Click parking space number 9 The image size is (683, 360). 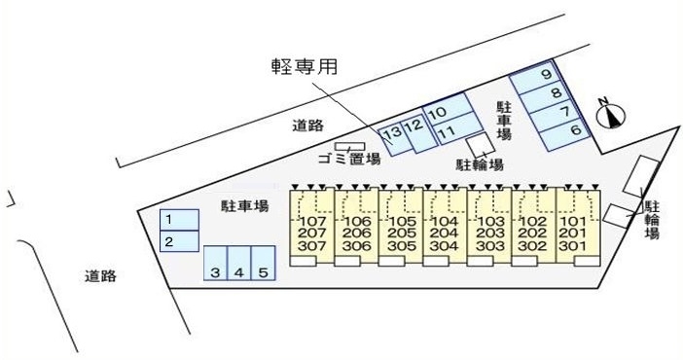547,75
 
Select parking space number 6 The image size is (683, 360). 575,129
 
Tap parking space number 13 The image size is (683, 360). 392,133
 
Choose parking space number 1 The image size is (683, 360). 167,220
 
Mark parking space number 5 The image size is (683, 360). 263,272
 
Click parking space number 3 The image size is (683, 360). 215,272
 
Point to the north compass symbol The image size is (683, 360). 609,114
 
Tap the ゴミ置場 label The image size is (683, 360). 348,159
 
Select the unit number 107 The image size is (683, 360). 313,221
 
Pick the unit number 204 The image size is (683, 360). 443,234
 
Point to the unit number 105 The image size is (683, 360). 400,221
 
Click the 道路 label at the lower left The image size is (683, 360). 100,276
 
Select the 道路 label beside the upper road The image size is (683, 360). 307,125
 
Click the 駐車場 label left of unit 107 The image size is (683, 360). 244,205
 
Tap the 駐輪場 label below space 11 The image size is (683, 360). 480,164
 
